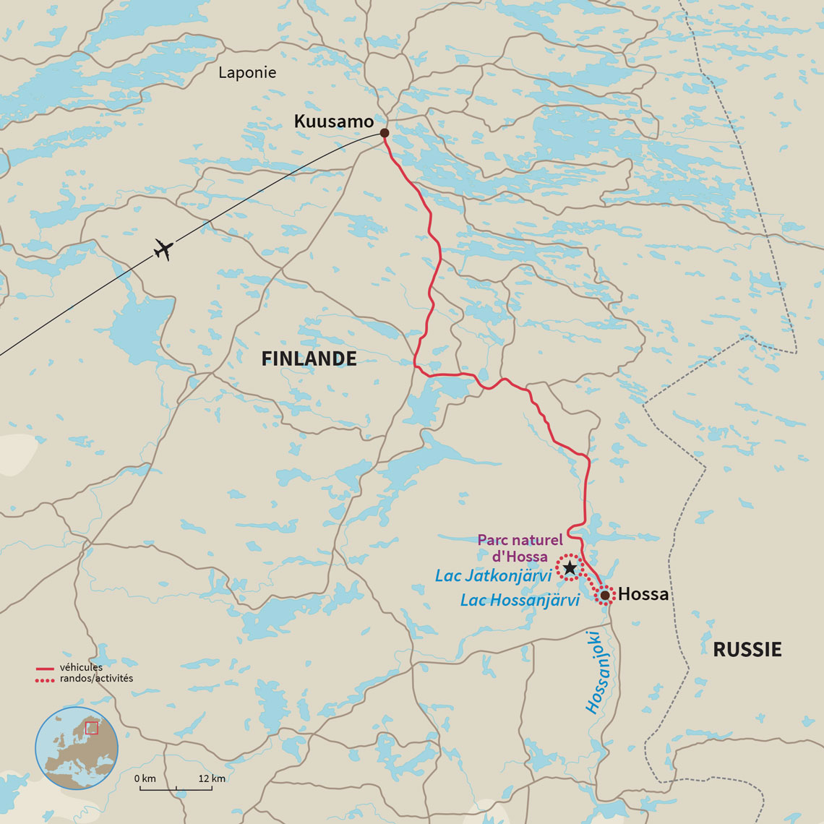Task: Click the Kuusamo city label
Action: pos(333,121)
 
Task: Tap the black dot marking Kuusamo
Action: pos(385,133)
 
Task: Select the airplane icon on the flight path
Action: pos(164,250)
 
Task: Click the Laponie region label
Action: pos(247,72)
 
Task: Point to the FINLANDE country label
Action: pos(309,359)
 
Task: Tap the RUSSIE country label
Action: pos(747,649)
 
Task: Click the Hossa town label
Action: pos(643,594)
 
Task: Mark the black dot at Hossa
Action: pos(605,595)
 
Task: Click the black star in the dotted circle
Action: pos(570,567)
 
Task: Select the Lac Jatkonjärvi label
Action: pos(493,576)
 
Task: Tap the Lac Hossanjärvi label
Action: pos(520,600)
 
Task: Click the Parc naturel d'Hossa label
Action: pos(520,548)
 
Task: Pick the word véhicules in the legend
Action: pos(81,667)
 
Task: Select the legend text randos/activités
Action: pos(96,679)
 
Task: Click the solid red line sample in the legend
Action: pos(46,669)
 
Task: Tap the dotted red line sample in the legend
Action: pos(46,679)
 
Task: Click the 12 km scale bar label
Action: pos(212,778)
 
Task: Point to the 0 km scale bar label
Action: pos(145,778)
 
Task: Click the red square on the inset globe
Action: pos(91,728)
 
